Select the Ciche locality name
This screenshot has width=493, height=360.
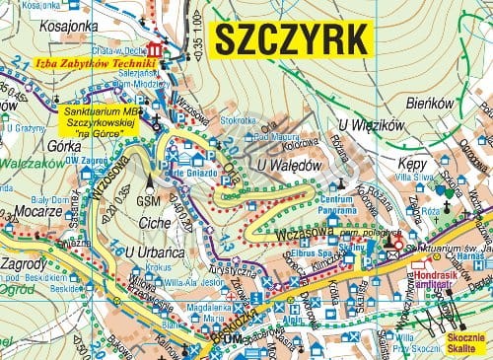(154, 223)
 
